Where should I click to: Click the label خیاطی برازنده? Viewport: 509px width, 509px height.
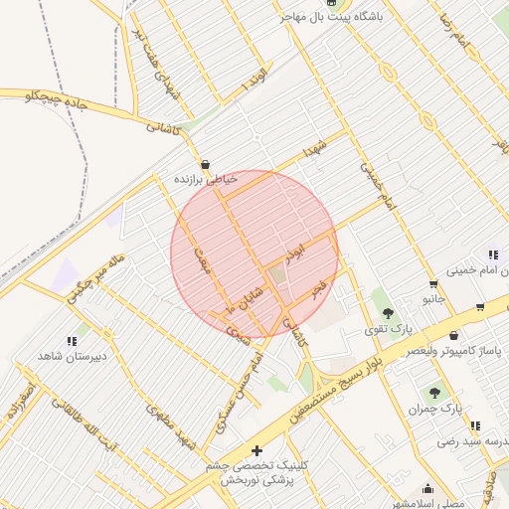[x=206, y=180]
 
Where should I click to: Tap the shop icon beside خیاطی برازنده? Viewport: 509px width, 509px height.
[x=205, y=165]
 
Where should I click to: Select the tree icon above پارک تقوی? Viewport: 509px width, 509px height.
[x=388, y=313]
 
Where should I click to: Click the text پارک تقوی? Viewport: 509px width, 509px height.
[x=387, y=328]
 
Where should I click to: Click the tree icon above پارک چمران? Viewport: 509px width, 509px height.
[x=434, y=393]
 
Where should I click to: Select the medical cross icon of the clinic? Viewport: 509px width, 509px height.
[x=257, y=451]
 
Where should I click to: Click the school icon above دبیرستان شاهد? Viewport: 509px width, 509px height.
[x=73, y=340]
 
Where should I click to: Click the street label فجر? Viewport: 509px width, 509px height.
[x=318, y=288]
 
